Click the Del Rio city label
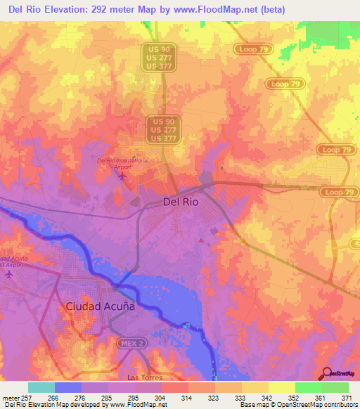(x=180, y=201)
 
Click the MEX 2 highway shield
(x=131, y=342)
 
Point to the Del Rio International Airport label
(x=123, y=162)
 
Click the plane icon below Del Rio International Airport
(x=124, y=174)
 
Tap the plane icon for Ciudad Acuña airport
(x=9, y=274)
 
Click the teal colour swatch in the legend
(x=41, y=387)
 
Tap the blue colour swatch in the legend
(x=68, y=387)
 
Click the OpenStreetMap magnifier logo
(x=327, y=373)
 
